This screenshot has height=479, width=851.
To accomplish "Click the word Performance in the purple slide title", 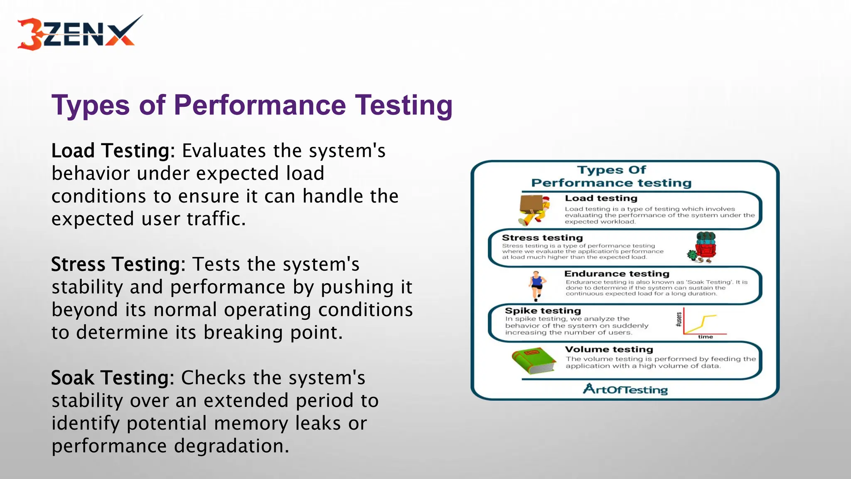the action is [x=260, y=105].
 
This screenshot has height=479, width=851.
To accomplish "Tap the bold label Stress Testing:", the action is [x=118, y=264].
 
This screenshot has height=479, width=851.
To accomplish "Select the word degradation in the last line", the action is [x=231, y=446].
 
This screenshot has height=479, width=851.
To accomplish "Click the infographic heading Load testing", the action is [x=601, y=198].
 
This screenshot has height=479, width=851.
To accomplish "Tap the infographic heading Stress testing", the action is [x=542, y=238].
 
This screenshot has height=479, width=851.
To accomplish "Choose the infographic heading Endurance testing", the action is [x=617, y=274].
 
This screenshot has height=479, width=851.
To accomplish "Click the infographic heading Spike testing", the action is [x=543, y=311].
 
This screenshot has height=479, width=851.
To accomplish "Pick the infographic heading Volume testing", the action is [x=609, y=349].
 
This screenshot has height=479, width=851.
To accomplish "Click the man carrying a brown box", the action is [x=534, y=210].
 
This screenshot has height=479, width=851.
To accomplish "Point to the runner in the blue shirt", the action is [x=536, y=285].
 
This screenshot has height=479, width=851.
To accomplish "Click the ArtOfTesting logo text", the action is [x=625, y=389].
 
